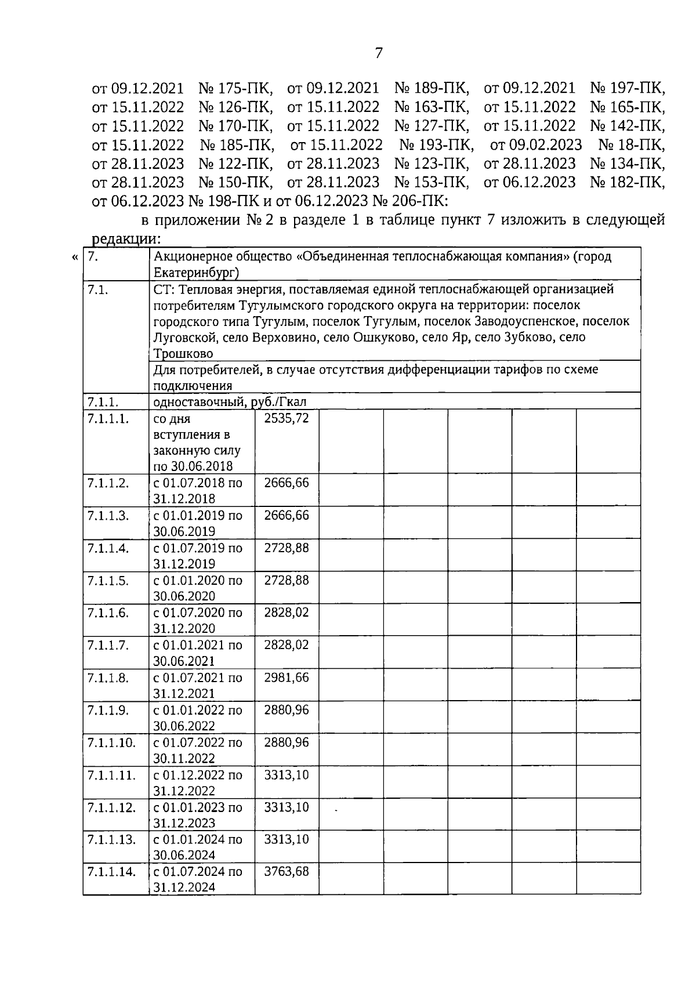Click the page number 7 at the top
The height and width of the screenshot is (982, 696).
coord(379,53)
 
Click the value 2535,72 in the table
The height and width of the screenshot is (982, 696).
coord(287,418)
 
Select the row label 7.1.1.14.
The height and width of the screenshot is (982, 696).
coord(111,871)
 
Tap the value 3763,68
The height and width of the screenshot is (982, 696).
coord(287,871)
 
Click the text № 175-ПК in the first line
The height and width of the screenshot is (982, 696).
coord(235,89)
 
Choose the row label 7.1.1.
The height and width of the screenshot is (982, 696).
coord(103,401)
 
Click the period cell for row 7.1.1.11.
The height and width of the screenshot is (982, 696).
coord(198,782)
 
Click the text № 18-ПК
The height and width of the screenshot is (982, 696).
coord(631,144)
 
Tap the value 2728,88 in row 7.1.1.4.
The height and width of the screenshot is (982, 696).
coord(287,548)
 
